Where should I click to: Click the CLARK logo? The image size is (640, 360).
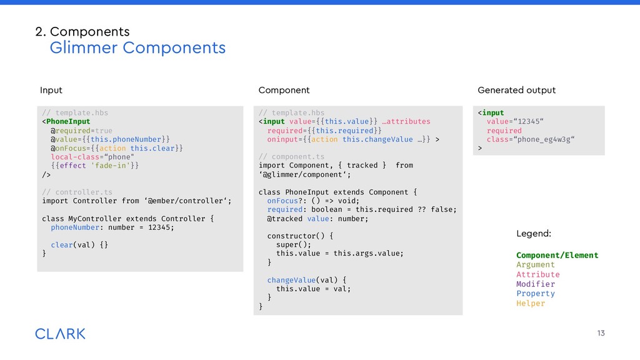[x=60, y=334]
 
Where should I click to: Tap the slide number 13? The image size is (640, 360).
[x=601, y=333]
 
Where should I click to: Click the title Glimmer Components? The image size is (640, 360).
[x=137, y=47]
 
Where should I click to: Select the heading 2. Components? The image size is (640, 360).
[x=82, y=31]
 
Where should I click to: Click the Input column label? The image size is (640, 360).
[x=51, y=91]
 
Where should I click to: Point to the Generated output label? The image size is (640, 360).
[x=516, y=91]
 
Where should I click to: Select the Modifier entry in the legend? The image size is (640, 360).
[x=536, y=284]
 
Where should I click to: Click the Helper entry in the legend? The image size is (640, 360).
[x=531, y=304]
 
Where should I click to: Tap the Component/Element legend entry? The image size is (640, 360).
[x=557, y=256]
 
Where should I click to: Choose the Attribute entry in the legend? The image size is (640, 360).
[x=538, y=275]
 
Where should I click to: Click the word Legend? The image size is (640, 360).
[x=534, y=234]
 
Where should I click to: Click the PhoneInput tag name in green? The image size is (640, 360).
[x=68, y=122]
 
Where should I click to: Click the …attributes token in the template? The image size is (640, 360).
[x=406, y=122]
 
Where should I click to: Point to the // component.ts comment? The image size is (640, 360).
[x=292, y=157]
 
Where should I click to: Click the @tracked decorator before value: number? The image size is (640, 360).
[x=285, y=219]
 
